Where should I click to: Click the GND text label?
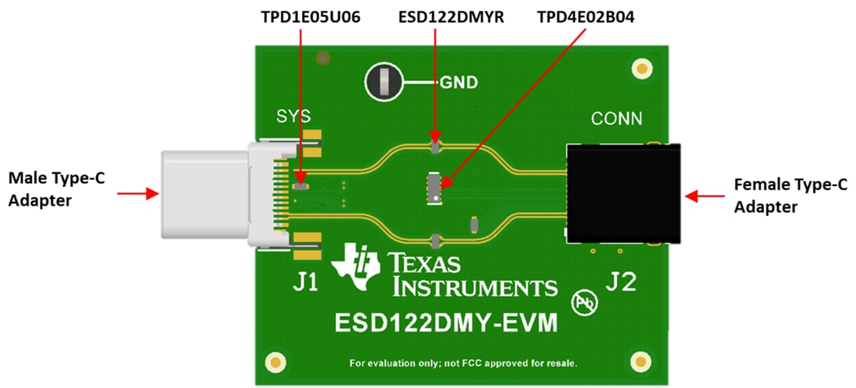[459, 82]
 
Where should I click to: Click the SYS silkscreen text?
[294, 117]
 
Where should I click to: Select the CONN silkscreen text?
[617, 119]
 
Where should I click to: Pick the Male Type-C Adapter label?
[56, 189]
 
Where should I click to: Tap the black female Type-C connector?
[623, 193]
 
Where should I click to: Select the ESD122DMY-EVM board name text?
[446, 322]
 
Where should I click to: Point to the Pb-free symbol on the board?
[584, 303]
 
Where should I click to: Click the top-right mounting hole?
[642, 69]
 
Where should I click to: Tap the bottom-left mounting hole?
[275, 362]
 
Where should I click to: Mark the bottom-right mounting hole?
[640, 362]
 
